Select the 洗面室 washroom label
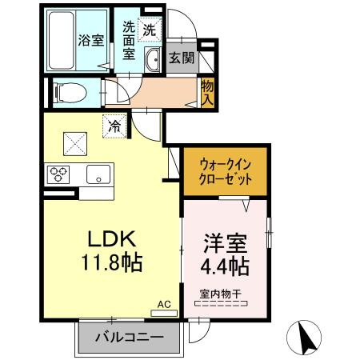tap(129, 41)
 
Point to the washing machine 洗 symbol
tap(150, 30)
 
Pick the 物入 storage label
tap(207, 92)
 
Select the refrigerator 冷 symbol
tap(114, 126)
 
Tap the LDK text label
tap(110, 240)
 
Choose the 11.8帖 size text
tap(110, 262)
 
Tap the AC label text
tap(164, 305)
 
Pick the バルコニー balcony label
tap(129, 337)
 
